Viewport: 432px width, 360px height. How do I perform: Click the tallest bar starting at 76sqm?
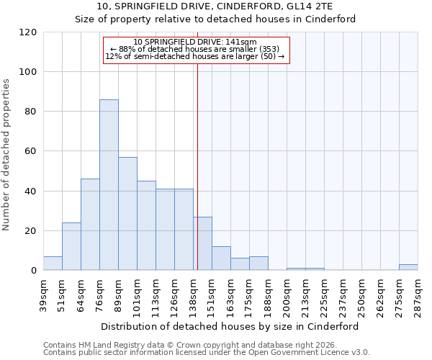pyautogui.click(x=109, y=185)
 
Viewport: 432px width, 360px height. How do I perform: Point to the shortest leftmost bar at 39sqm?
pyautogui.click(x=53, y=264)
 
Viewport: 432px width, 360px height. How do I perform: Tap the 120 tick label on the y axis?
pyautogui.click(x=28, y=32)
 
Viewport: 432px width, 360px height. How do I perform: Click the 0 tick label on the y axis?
pyautogui.click(x=34, y=271)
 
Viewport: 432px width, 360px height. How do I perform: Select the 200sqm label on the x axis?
pyautogui.click(x=287, y=294)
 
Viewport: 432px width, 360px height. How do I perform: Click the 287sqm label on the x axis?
pyautogui.click(x=418, y=294)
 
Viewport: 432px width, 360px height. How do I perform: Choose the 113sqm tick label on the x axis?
pyautogui.click(x=156, y=294)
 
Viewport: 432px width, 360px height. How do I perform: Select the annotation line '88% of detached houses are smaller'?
pyautogui.click(x=195, y=49)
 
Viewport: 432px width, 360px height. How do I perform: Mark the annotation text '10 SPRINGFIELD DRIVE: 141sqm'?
pyautogui.click(x=195, y=42)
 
